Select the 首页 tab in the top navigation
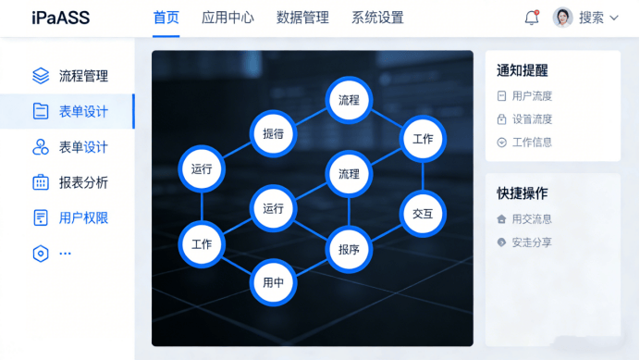[x=166, y=18]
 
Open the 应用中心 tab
[x=228, y=18]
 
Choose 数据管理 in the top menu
[x=302, y=18]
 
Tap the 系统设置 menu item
[x=377, y=18]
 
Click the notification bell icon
[x=531, y=18]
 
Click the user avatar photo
[x=562, y=18]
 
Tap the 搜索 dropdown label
[x=591, y=18]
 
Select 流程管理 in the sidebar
[x=83, y=76]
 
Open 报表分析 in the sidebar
[x=83, y=182]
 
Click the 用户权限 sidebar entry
[x=83, y=218]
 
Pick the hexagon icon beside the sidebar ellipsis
[x=41, y=254]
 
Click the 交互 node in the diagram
[x=423, y=214]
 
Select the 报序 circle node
[x=349, y=249]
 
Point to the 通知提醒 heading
[x=522, y=70]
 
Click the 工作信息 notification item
[x=532, y=143]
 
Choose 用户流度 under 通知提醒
[x=532, y=95]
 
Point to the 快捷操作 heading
[x=522, y=193]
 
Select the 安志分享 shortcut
[x=532, y=242]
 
